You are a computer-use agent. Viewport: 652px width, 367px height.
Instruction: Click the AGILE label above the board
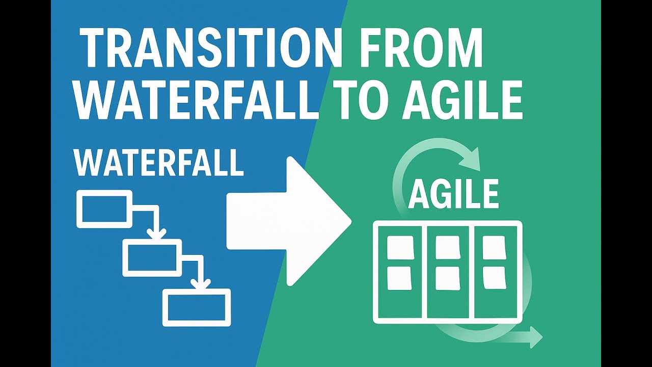[454, 194]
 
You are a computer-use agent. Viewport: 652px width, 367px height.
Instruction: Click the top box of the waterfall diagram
[104, 208]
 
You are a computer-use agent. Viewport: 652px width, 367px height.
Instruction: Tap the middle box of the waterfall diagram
[152, 257]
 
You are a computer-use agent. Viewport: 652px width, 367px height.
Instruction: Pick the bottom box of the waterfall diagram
[197, 307]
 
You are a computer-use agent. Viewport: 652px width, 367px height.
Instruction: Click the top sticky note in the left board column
[400, 247]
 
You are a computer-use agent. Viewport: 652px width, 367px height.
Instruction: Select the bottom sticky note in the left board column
[400, 278]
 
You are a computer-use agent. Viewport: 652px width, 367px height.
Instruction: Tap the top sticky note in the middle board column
[448, 247]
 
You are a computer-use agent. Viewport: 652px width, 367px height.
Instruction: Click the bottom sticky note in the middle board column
[448, 278]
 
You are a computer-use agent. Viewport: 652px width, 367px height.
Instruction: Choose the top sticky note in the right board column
[494, 247]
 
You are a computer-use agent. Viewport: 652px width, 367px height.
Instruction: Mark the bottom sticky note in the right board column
[494, 278]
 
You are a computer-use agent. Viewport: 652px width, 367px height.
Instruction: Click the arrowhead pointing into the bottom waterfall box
[202, 283]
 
